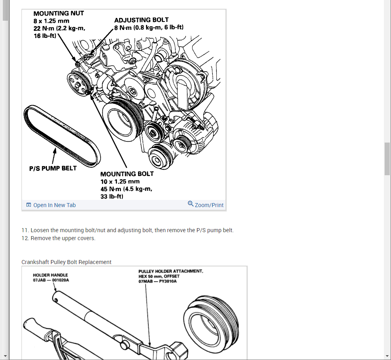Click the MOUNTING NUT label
[x=58, y=13]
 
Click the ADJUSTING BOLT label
[x=141, y=20]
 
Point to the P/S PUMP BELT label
[x=53, y=168]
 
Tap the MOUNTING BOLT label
[x=127, y=174]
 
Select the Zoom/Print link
[x=209, y=205]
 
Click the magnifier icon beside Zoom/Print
[x=191, y=204]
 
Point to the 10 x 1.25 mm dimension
[x=120, y=182]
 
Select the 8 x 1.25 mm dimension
[x=51, y=21]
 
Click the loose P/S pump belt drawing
[x=60, y=135]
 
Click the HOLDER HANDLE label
[x=51, y=275]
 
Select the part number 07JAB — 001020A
[x=51, y=280]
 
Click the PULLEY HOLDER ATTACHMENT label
[x=171, y=271]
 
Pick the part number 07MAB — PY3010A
[x=158, y=281]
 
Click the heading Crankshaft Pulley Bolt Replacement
[x=66, y=262]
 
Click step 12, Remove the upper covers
[x=58, y=238]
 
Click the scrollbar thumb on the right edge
[x=387, y=158]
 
